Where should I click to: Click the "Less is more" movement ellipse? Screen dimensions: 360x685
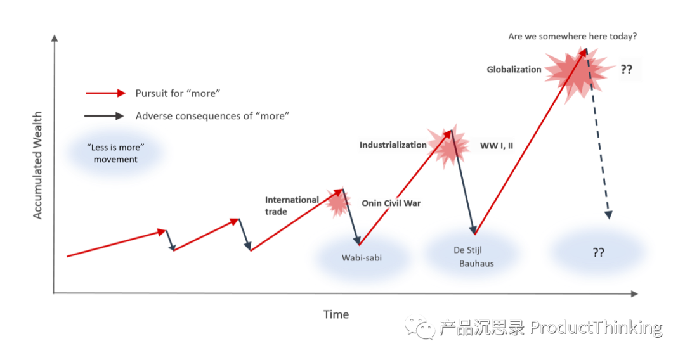pyautogui.click(x=115, y=151)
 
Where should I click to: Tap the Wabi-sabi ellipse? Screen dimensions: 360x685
pyautogui.click(x=360, y=258)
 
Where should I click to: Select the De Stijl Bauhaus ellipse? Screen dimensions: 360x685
pyautogui.click(x=473, y=254)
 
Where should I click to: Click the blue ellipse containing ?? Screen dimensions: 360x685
pyautogui.click(x=597, y=252)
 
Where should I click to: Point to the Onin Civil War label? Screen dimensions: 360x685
pyautogui.click(x=390, y=203)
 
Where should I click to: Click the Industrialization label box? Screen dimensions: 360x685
pyautogui.click(x=393, y=145)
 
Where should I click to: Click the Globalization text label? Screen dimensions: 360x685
pyautogui.click(x=514, y=69)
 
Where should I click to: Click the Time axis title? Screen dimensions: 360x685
pyautogui.click(x=336, y=314)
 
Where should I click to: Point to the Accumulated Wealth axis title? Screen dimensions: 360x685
pyautogui.click(x=37, y=165)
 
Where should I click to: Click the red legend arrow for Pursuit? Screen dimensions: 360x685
pyautogui.click(x=106, y=93)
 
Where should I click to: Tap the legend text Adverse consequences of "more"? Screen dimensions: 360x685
pyautogui.click(x=212, y=116)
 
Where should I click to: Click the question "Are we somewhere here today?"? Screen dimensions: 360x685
pyautogui.click(x=572, y=37)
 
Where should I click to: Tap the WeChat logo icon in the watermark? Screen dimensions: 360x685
pyautogui.click(x=420, y=327)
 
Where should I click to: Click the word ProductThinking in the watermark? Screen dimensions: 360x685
pyautogui.click(x=595, y=327)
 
